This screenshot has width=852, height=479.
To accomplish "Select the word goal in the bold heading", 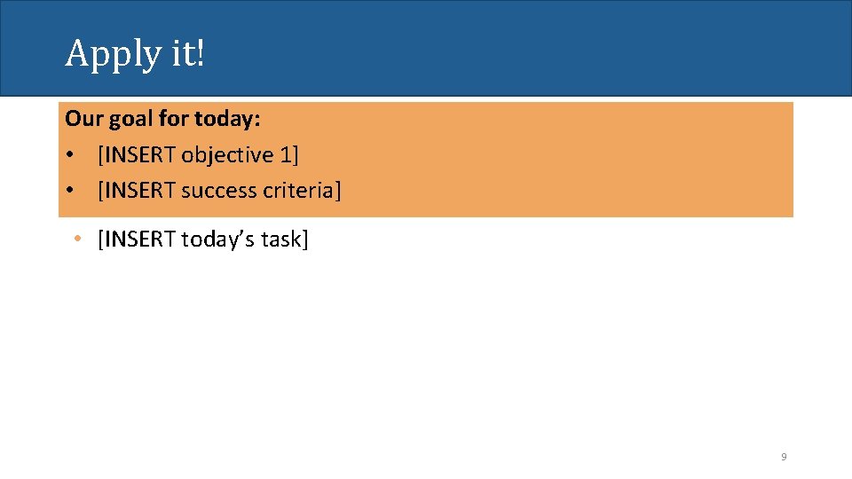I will click(130, 119).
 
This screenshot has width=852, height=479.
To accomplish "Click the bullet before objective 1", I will click(69, 155).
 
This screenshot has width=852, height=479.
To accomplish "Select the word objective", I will click(228, 155).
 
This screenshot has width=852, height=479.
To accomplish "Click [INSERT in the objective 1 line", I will click(138, 155).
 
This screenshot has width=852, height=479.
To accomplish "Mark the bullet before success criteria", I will click(69, 191).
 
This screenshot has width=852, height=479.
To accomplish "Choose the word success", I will click(219, 191).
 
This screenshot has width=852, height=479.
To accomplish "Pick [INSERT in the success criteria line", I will click(138, 191).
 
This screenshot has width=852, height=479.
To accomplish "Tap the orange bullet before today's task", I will click(79, 239).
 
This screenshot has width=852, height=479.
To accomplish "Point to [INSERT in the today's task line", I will click(138, 239).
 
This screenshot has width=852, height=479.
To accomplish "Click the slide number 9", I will click(784, 457).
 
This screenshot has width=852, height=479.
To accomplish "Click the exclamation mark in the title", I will click(200, 53).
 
